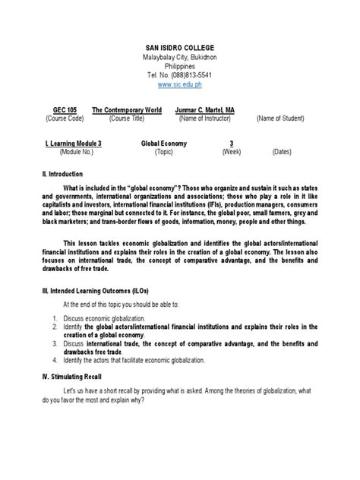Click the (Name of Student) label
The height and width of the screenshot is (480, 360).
(279, 119)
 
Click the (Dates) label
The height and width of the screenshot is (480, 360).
(282, 151)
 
